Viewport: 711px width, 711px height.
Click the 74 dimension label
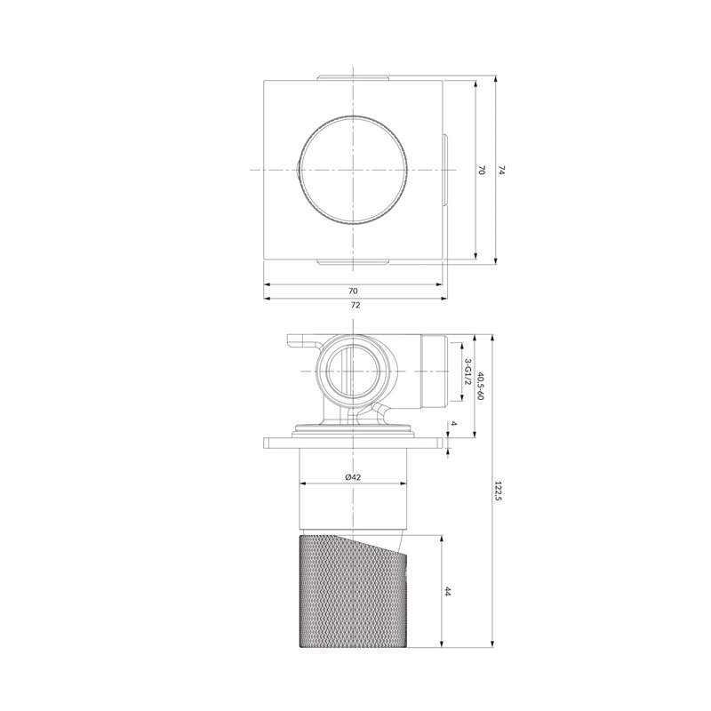[501, 171]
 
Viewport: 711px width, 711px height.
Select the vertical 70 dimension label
[482, 171]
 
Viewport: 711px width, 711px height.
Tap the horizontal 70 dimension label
[353, 291]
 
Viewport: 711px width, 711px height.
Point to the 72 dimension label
[355, 305]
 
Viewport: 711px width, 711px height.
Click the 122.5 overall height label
[499, 491]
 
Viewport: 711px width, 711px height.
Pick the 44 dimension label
[448, 591]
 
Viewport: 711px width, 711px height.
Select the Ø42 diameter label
[353, 476]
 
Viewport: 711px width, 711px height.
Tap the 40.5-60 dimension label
[481, 386]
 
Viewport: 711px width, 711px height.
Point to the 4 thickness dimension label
[454, 424]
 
